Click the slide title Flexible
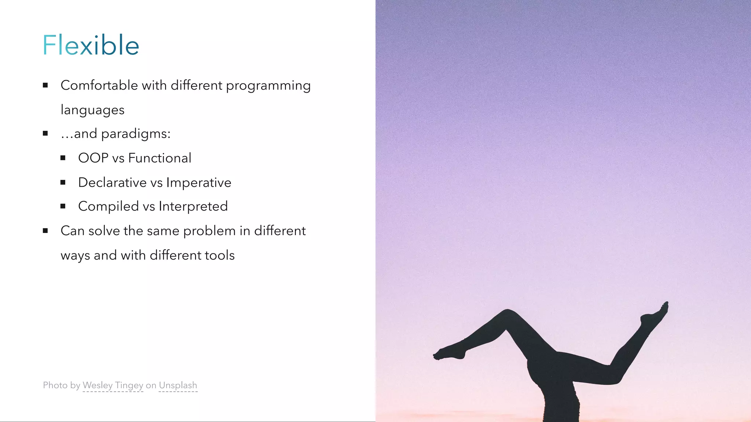pyautogui.click(x=91, y=45)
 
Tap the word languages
pyautogui.click(x=92, y=110)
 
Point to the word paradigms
pyautogui.click(x=136, y=134)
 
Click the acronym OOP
pyautogui.click(x=93, y=158)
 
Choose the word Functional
pyautogui.click(x=160, y=158)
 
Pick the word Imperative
pyautogui.click(x=198, y=182)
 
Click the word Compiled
pyautogui.click(x=109, y=207)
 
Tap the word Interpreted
pyautogui.click(x=193, y=207)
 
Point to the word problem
pyautogui.click(x=209, y=231)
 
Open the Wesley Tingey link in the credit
pyautogui.click(x=113, y=385)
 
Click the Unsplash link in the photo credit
pyautogui.click(x=178, y=385)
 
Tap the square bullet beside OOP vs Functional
pyautogui.click(x=63, y=158)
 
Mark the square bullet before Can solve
pyautogui.click(x=45, y=231)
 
